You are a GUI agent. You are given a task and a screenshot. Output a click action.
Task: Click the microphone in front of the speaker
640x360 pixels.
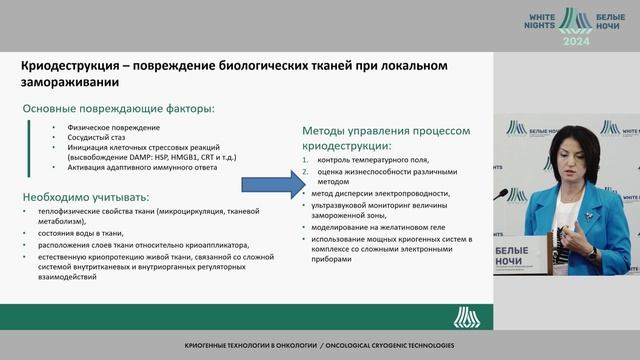tap(502, 193)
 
